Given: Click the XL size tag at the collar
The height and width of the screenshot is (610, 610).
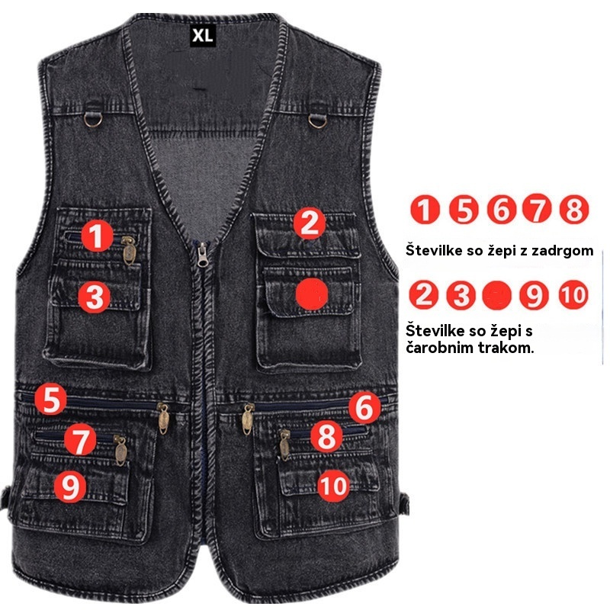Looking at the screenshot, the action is pyautogui.click(x=203, y=36).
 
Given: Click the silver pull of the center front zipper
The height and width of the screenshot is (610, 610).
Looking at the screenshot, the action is pyautogui.click(x=203, y=255).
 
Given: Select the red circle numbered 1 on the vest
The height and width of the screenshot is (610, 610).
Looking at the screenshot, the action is pyautogui.click(x=98, y=236).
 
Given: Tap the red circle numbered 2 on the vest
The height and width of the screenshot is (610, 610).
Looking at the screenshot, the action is pyautogui.click(x=310, y=223).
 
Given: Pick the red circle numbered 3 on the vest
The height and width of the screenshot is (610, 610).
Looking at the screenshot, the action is pyautogui.click(x=94, y=297).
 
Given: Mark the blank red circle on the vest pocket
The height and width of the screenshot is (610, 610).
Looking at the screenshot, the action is pyautogui.click(x=312, y=294).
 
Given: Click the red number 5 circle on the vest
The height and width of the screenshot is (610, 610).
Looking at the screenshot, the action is pyautogui.click(x=50, y=399).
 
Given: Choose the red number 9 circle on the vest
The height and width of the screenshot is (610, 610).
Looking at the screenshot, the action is pyautogui.click(x=70, y=486).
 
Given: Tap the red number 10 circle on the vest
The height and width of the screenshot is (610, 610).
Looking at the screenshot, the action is pyautogui.click(x=333, y=486).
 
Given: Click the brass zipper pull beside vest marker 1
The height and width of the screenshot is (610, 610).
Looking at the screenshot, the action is pyautogui.click(x=129, y=251).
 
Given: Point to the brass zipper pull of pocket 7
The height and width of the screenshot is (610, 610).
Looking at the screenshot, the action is pyautogui.click(x=120, y=451).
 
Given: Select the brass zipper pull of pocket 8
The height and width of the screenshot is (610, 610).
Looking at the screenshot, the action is pyautogui.click(x=284, y=445).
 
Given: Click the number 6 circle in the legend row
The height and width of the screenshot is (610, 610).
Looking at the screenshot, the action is pyautogui.click(x=502, y=209).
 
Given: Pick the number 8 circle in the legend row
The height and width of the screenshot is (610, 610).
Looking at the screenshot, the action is pyautogui.click(x=574, y=209).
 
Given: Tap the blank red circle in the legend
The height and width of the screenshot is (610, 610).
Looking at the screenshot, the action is pyautogui.click(x=497, y=295).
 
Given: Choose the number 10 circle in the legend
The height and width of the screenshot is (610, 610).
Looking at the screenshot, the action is pyautogui.click(x=574, y=294).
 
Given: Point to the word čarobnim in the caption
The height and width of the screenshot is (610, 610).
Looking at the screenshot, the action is pyautogui.click(x=440, y=347).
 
